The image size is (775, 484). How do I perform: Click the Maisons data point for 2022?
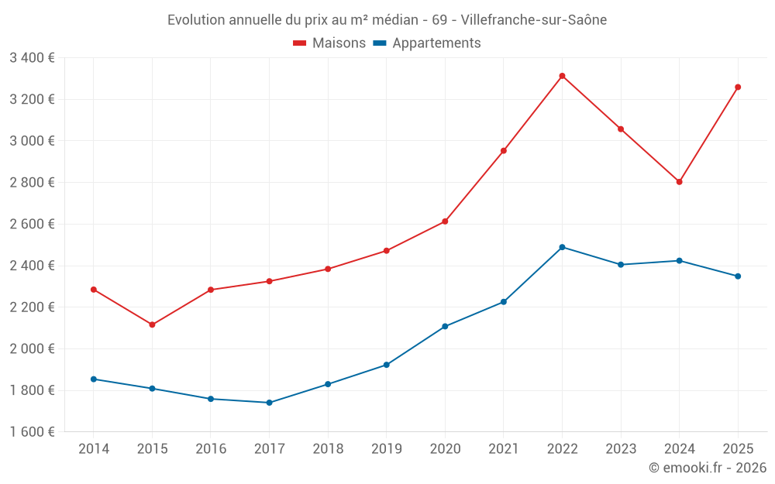tap(562, 76)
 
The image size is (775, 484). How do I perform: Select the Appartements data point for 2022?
tap(562, 247)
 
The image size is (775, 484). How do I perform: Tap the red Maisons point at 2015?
tap(152, 324)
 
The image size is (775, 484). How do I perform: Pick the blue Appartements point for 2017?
tap(269, 403)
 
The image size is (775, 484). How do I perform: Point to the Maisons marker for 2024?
tap(679, 182)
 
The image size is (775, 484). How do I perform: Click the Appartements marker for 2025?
tap(738, 276)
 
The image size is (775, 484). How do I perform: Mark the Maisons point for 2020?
tap(445, 221)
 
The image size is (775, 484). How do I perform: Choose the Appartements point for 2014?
tap(94, 379)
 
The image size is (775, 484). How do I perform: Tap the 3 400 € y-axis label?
tap(32, 58)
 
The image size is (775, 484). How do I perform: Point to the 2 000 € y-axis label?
tap(32, 348)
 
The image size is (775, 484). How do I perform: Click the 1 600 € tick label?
tap(32, 432)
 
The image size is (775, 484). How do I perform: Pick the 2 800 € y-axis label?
tap(32, 183)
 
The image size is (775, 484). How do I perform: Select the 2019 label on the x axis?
tap(386, 449)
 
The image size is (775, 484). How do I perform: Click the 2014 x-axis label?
tap(94, 449)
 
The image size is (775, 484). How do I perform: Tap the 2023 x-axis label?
tap(621, 449)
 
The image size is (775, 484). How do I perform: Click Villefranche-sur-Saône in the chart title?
tap(534, 19)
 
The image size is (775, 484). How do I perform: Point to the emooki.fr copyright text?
tap(707, 468)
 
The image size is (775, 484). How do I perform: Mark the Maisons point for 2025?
tap(738, 87)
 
